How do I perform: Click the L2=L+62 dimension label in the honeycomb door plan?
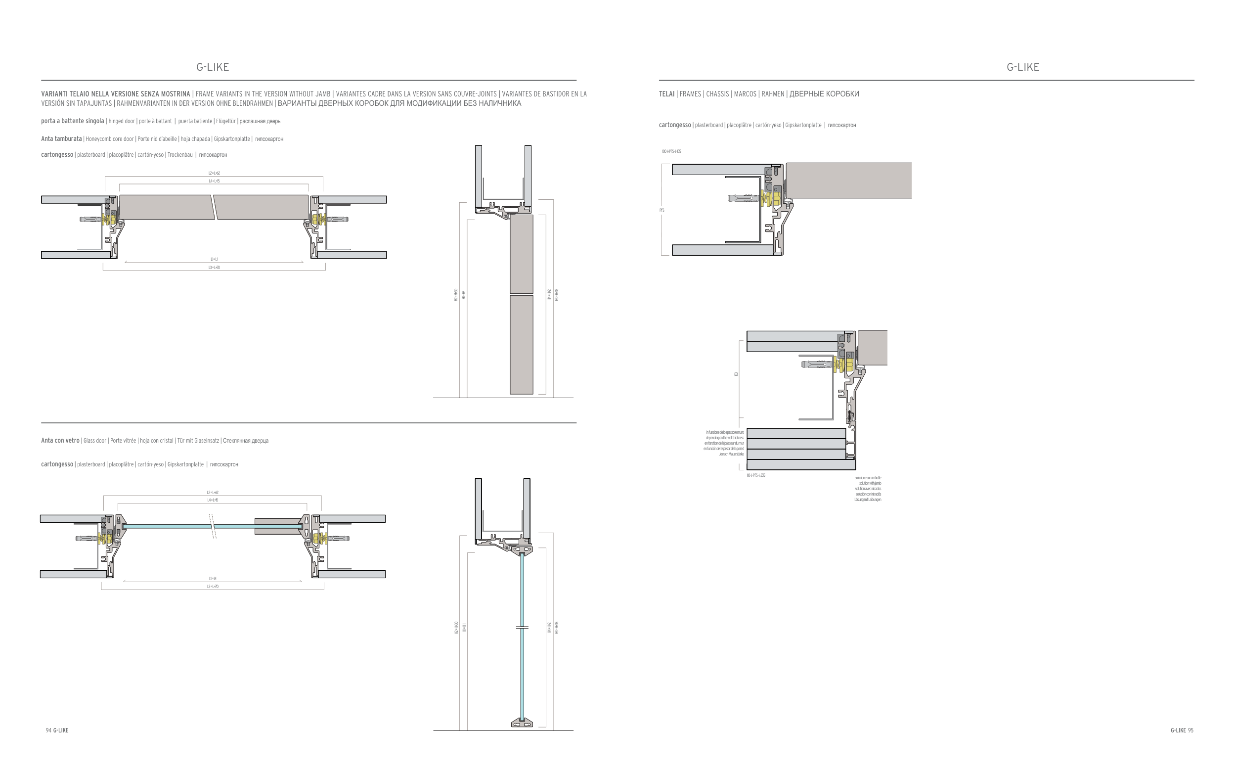point(214,173)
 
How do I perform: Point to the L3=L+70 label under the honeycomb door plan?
point(214,268)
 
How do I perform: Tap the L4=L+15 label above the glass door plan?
point(213,500)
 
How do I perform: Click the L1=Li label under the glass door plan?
point(213,579)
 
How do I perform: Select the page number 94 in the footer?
point(48,730)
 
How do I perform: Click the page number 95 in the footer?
point(1190,730)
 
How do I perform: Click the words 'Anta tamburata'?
point(61,138)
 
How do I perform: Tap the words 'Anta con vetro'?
point(60,440)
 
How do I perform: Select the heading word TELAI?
point(667,94)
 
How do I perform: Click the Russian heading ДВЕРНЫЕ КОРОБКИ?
point(824,94)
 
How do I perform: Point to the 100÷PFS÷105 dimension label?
point(671,151)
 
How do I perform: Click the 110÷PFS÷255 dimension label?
point(756,475)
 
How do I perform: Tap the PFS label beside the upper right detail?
point(662,210)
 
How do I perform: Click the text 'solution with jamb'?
point(870,483)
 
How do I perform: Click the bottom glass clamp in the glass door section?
point(522,723)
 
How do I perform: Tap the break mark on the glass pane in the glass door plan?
point(213,526)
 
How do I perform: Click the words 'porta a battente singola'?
point(73,121)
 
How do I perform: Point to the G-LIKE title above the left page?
point(213,67)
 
